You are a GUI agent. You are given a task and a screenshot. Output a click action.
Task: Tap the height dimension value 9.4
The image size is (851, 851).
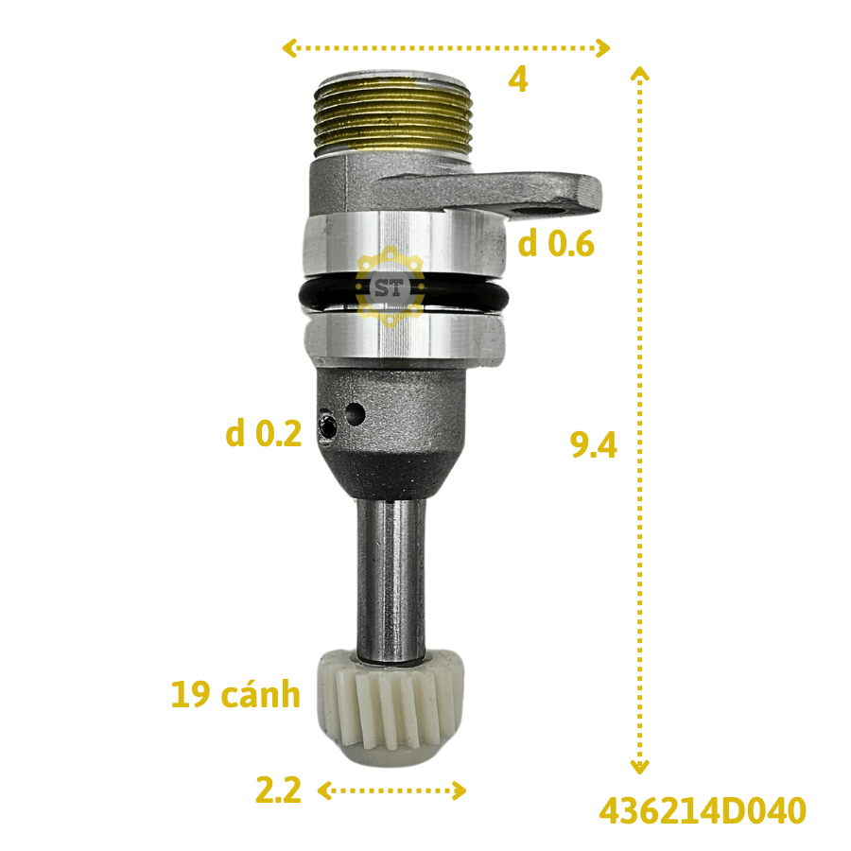(593, 444)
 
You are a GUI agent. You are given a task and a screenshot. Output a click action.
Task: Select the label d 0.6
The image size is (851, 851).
(556, 245)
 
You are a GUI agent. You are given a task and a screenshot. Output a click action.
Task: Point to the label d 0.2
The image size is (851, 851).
(264, 434)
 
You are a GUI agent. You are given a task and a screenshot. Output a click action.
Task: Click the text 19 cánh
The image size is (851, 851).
(235, 695)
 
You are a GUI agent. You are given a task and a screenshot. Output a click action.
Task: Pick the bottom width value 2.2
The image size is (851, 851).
(278, 790)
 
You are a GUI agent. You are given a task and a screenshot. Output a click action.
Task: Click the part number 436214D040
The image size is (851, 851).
(702, 810)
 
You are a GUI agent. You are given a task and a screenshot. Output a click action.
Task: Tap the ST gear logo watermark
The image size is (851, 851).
(390, 287)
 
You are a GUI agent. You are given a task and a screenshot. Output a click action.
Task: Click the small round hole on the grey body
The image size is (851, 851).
(356, 413)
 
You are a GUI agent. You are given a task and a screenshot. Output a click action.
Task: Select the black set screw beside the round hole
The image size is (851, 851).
(327, 426)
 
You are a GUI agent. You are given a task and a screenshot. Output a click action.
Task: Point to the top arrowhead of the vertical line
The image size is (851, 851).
(640, 73)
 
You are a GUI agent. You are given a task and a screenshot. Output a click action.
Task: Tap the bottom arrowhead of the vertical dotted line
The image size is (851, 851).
(640, 767)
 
